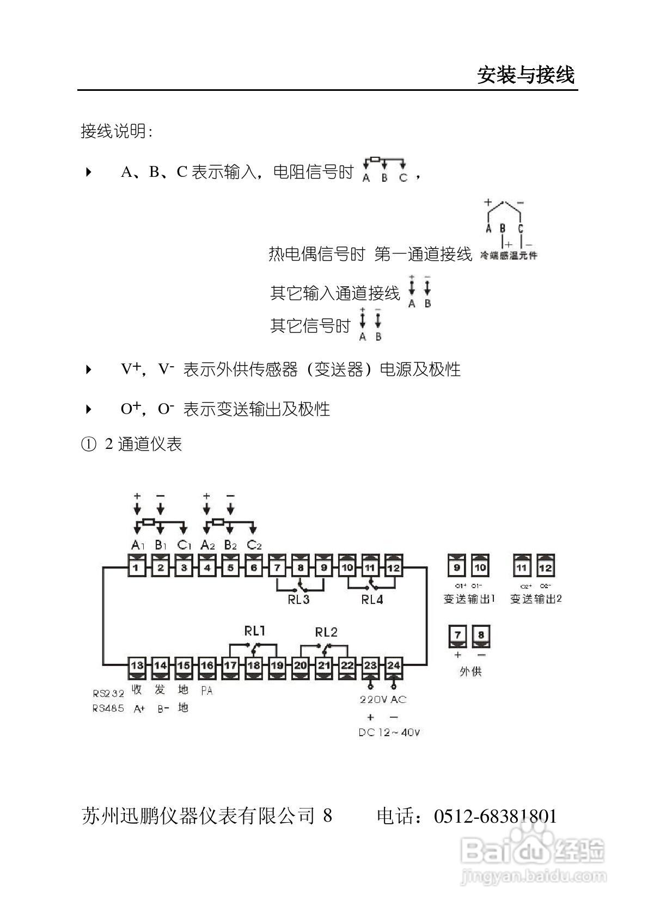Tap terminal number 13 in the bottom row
tap(137, 665)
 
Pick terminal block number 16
tap(207, 665)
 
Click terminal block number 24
tap(394, 665)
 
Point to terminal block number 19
tap(277, 665)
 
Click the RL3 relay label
tap(298, 600)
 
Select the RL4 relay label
tap(372, 600)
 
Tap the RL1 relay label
tap(254, 631)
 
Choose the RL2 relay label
tap(326, 632)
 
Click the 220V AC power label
tap(383, 700)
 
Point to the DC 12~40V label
tap(389, 733)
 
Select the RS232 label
tap(108, 694)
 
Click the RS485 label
tap(108, 708)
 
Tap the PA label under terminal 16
tap(207, 690)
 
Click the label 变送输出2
tap(536, 599)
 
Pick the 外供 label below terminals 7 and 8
tap(470, 671)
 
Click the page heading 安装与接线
tap(525, 75)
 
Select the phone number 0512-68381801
tap(496, 816)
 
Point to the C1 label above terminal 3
tap(184, 545)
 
